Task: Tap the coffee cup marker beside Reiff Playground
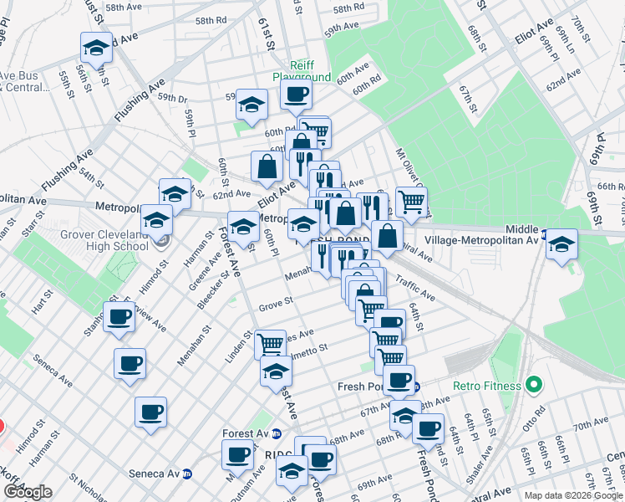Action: pyautogui.click(x=295, y=96)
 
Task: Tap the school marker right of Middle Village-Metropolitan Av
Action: pyautogui.click(x=561, y=244)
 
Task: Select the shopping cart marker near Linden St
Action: pyautogui.click(x=270, y=343)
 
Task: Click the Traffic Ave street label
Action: pyautogui.click(x=415, y=289)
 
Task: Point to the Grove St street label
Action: pyautogui.click(x=275, y=301)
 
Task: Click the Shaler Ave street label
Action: pyautogui.click(x=475, y=470)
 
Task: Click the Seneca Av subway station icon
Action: pyautogui.click(x=187, y=474)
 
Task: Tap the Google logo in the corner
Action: pyautogui.click(x=27, y=492)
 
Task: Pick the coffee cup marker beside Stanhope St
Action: pyautogui.click(x=119, y=317)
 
